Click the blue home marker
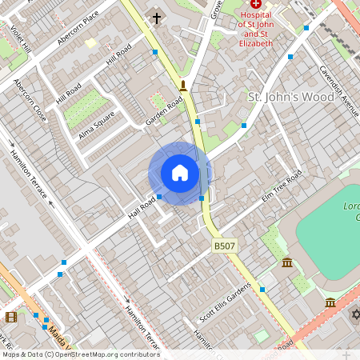point(180,173)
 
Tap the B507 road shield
point(224,246)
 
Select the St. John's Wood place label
point(291,98)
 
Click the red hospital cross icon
point(256,4)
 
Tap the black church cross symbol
point(156,18)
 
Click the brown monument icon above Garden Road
point(183,86)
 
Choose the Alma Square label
point(97,125)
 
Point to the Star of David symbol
point(355,314)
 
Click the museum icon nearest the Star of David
point(330,302)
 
